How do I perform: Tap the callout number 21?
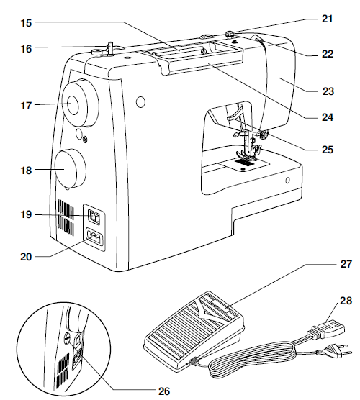coord(328,18)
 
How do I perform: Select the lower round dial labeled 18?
coord(68,169)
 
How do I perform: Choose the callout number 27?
coord(328,265)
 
